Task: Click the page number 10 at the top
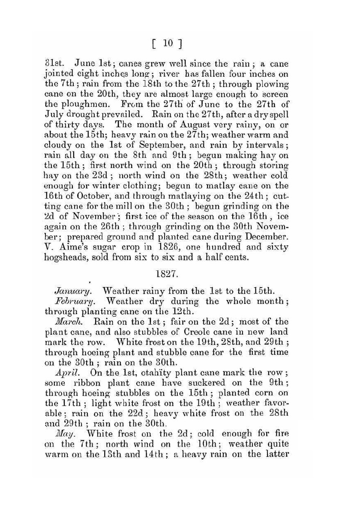[168, 43]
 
